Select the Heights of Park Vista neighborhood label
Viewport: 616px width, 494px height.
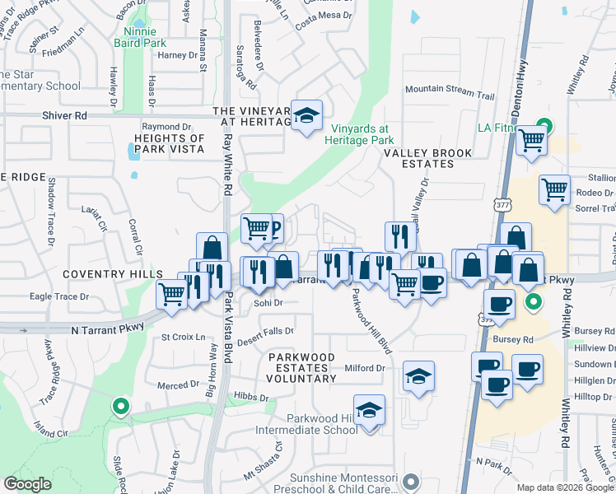169,144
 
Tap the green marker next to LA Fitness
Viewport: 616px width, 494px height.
543,127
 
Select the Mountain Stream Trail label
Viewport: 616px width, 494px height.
449,96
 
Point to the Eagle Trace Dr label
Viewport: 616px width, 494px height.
58,296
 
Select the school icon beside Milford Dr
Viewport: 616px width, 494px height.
419,376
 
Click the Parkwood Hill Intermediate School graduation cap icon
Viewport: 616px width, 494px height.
369,409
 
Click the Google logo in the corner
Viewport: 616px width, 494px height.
28,484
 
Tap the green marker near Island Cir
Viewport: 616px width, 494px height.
121,406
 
